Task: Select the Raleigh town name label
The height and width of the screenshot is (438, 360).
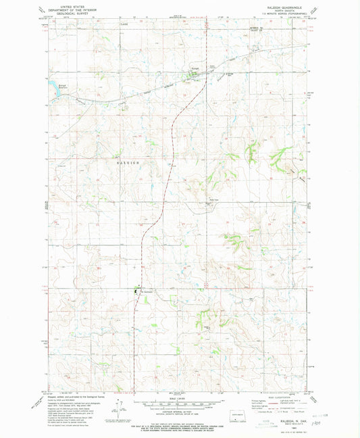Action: (192, 68)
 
